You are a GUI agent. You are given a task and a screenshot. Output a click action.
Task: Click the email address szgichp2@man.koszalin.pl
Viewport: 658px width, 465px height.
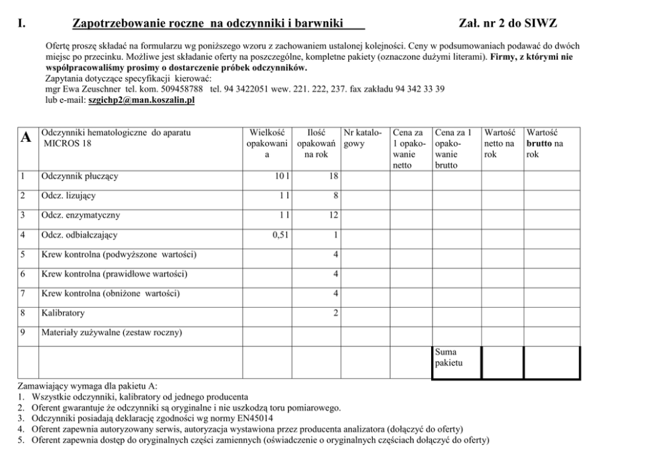pyautogui.click(x=141, y=101)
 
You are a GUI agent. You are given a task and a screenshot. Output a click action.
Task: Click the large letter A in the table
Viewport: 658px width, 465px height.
pyautogui.click(x=26, y=137)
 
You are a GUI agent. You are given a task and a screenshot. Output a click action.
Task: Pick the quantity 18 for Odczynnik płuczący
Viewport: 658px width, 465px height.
pyautogui.click(x=334, y=177)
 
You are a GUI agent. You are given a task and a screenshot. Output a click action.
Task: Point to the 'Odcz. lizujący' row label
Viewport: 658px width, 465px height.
pyautogui.click(x=68, y=196)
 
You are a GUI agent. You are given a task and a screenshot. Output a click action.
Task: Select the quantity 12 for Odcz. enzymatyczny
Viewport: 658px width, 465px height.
pyautogui.click(x=334, y=216)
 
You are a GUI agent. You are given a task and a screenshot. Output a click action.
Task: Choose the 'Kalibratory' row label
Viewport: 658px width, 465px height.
pyautogui.click(x=62, y=313)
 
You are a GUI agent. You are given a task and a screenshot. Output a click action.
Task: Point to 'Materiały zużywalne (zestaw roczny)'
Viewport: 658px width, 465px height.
pyautogui.click(x=111, y=332)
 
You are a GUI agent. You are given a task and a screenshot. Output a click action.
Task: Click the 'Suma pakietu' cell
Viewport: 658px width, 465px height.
pyautogui.click(x=446, y=358)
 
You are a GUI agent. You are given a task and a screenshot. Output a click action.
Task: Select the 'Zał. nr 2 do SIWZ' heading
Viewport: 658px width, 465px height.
pyautogui.click(x=507, y=25)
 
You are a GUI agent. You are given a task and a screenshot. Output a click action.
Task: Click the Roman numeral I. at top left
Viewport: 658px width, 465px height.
pyautogui.click(x=22, y=25)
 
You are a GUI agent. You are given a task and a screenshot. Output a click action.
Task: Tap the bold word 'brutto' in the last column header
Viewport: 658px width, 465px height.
pyautogui.click(x=539, y=143)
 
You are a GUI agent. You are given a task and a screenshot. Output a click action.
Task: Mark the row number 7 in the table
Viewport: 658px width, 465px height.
pyautogui.click(x=23, y=293)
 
